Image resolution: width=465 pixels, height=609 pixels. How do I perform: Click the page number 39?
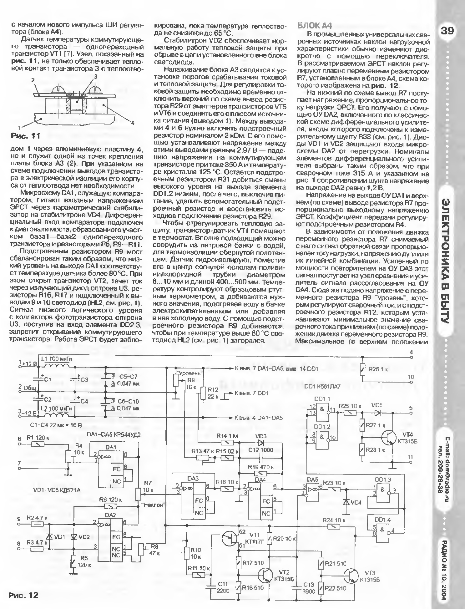[448, 31]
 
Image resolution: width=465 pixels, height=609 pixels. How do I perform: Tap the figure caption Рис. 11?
[26, 136]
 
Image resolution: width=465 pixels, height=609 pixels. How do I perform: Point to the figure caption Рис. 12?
[23, 595]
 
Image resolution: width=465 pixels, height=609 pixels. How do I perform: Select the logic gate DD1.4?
[384, 530]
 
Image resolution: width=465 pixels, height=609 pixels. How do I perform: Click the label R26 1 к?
[378, 369]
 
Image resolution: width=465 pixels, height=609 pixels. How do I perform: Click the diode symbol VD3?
[261, 443]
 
